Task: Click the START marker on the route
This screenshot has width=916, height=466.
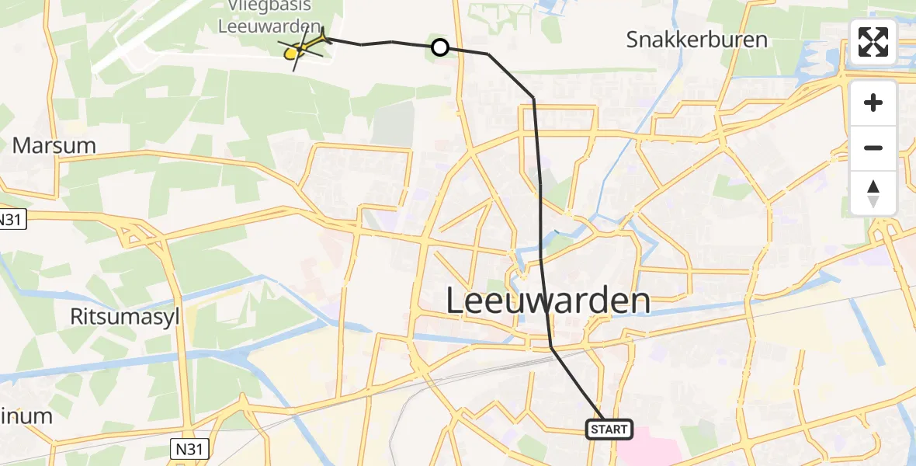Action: [x=609, y=429]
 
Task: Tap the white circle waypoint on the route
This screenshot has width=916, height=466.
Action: [x=439, y=48]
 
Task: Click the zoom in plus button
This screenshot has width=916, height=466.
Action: [x=873, y=103]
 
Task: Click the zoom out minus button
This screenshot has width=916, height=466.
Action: [x=873, y=148]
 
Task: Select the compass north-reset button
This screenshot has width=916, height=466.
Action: [x=873, y=193]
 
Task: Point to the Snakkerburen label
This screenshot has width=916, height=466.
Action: [x=697, y=40]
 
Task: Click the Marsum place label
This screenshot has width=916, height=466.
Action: [x=54, y=145]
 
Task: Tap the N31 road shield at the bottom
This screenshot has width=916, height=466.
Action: [x=188, y=448]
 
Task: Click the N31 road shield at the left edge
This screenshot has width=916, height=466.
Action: [x=11, y=220]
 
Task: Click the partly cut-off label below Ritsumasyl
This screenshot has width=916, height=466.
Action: [x=26, y=416]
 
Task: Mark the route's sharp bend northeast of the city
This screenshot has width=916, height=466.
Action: [x=533, y=98]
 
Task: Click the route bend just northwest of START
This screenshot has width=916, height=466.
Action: [x=552, y=348]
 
